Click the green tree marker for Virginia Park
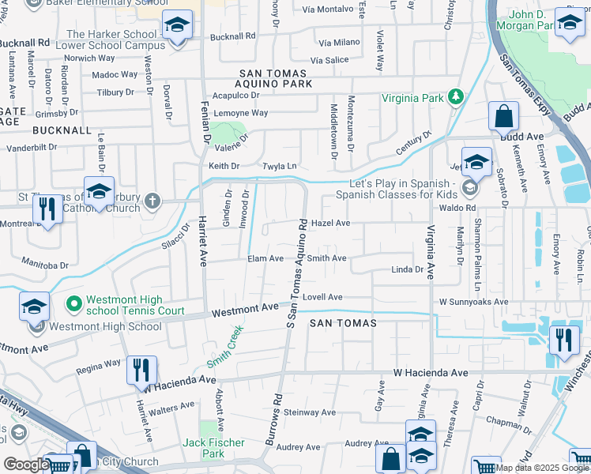pyautogui.click(x=455, y=98)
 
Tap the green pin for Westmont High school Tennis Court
pyautogui.click(x=74, y=303)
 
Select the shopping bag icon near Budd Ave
pyautogui.click(x=503, y=118)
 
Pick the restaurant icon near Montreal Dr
pyautogui.click(x=48, y=209)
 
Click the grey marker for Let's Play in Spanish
pyautogui.click(x=470, y=188)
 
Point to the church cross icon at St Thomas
pyautogui.click(x=151, y=201)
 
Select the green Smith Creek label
pyautogui.click(x=224, y=349)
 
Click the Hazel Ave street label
pyautogui.click(x=330, y=224)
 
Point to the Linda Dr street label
pyautogui.click(x=408, y=270)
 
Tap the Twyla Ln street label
pyautogui.click(x=280, y=167)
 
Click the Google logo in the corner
pyautogui.click(x=25, y=465)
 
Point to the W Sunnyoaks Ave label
pyautogui.click(x=473, y=302)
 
